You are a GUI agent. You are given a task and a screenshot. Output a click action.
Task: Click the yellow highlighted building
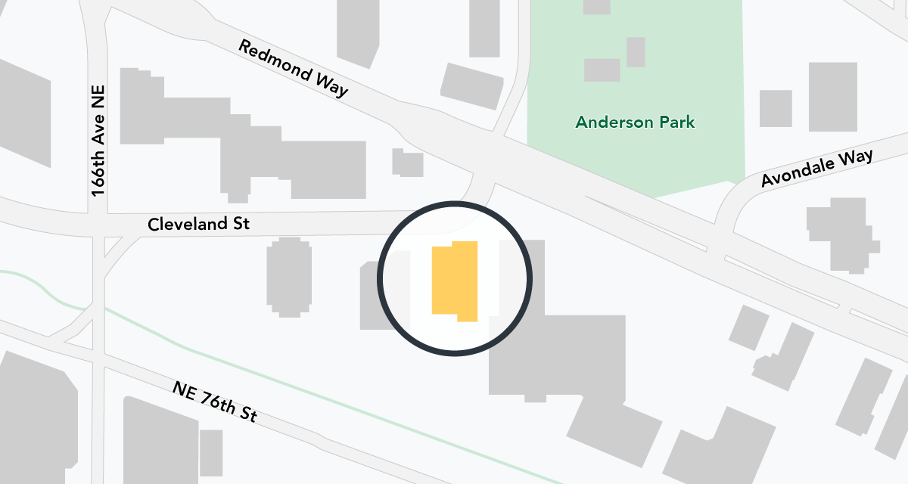pyautogui.click(x=455, y=281)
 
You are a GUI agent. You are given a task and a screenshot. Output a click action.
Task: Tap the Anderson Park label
pyautogui.click(x=635, y=122)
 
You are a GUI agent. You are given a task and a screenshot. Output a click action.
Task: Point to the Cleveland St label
pyautogui.click(x=198, y=225)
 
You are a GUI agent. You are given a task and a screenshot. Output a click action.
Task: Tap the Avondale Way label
pyautogui.click(x=816, y=168)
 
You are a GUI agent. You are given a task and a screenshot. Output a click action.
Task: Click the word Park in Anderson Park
pyautogui.click(x=678, y=122)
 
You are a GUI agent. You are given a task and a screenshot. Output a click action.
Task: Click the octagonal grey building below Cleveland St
pyautogui.click(x=288, y=277)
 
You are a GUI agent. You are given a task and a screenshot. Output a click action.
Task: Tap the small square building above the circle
pyautogui.click(x=408, y=162)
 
